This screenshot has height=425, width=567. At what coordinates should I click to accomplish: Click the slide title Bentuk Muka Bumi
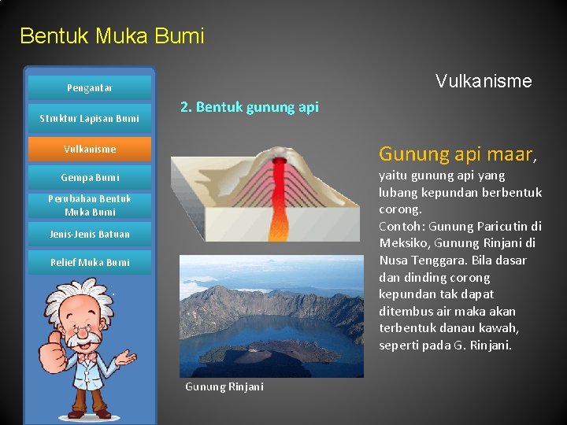112,36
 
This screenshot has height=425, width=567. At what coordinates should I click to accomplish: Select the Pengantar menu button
89,88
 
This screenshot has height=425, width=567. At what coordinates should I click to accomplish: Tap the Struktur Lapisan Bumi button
89,119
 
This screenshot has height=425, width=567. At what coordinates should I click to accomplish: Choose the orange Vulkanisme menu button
89,149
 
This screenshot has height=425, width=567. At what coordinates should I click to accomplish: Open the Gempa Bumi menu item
89,178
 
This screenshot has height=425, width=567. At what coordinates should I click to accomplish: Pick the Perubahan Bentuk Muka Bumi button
89,205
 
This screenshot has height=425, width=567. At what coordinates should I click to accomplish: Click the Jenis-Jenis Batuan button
89,234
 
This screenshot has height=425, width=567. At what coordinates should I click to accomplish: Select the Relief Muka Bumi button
89,262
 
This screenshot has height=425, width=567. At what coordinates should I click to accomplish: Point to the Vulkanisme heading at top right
484,81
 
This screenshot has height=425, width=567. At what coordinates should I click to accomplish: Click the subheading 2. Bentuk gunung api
250,107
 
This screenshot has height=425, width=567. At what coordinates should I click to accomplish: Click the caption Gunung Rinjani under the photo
224,386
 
